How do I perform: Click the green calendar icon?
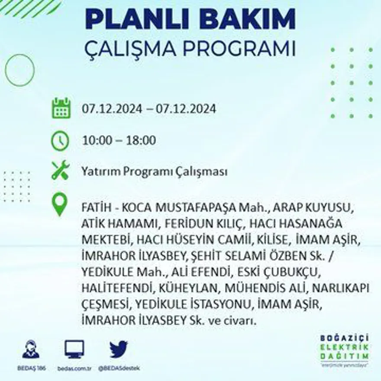[61, 108]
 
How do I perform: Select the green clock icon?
[60, 141]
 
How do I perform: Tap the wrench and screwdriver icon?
[60, 170]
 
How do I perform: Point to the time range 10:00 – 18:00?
[119, 141]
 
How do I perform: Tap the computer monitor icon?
[74, 349]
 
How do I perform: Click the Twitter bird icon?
[118, 349]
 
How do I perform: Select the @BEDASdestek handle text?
[119, 368]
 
